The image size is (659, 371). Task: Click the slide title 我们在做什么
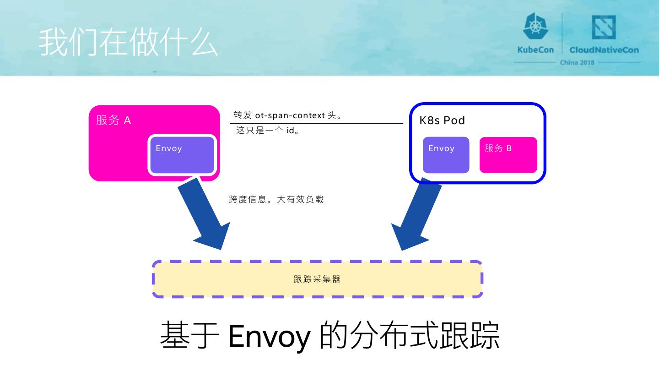[x=128, y=43]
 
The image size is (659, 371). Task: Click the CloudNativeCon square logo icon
[x=604, y=27]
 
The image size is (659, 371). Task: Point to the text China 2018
[x=577, y=62]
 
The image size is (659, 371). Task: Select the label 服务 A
[x=113, y=120]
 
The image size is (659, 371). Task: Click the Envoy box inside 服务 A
[x=182, y=155]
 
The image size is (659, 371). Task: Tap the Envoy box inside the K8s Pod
[x=446, y=155]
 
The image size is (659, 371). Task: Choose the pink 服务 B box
[x=508, y=155]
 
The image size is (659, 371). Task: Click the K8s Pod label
[x=442, y=120]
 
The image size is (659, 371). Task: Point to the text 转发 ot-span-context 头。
[x=288, y=115]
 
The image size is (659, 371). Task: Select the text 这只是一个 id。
[x=268, y=131]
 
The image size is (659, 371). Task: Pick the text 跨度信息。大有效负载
[x=276, y=200]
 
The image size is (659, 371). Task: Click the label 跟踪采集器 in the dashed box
[x=317, y=279]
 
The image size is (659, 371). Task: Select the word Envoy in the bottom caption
[x=268, y=336]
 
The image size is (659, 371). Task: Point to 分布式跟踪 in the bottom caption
[x=423, y=336]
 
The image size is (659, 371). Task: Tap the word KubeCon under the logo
[x=535, y=50]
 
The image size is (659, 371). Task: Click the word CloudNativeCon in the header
[x=604, y=50]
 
